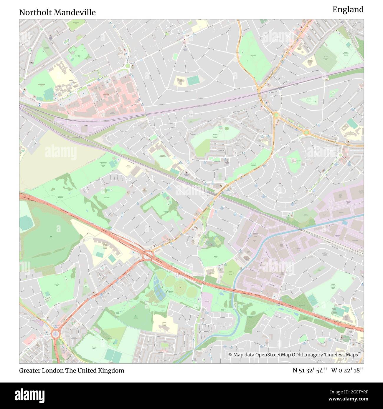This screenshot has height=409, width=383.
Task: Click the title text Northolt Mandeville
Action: (x=57, y=12)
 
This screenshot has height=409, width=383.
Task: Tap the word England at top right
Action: (x=348, y=10)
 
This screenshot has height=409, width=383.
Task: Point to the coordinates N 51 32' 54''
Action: (x=310, y=370)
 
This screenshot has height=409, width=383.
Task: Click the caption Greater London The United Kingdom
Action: (x=72, y=370)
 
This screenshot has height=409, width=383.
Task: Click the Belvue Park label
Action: (x=216, y=257)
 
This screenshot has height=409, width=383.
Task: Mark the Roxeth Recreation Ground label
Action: (x=346, y=54)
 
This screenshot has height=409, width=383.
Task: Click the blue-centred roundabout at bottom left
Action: (x=55, y=334)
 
